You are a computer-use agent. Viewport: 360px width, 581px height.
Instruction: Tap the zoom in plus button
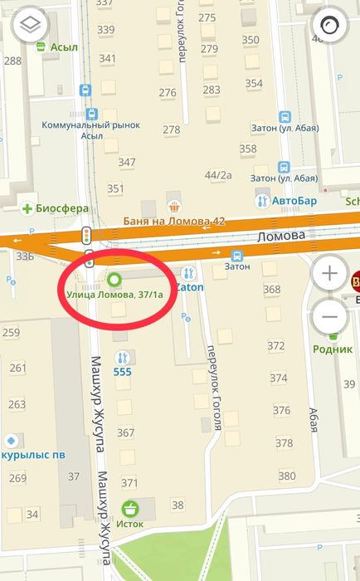pyautogui.click(x=330, y=272)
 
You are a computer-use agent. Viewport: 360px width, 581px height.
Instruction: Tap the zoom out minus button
pyautogui.click(x=330, y=316)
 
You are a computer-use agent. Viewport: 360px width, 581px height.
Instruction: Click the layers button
pyautogui.click(x=31, y=25)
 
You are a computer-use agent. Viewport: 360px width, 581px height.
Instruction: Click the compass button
pyautogui.click(x=329, y=25)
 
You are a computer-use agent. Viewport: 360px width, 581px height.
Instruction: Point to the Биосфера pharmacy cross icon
pyautogui.click(x=27, y=207)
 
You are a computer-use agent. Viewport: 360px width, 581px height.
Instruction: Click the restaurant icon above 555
pyautogui.click(x=123, y=358)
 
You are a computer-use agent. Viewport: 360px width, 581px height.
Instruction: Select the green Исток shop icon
pyautogui.click(x=129, y=508)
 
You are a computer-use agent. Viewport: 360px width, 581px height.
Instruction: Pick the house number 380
pyautogui.click(x=287, y=476)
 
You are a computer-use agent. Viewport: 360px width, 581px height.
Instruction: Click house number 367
pyautogui.click(x=126, y=432)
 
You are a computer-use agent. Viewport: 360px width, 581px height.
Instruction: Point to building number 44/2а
pyautogui.click(x=219, y=175)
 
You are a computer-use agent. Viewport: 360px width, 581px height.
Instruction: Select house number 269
pyautogui.click(x=17, y=478)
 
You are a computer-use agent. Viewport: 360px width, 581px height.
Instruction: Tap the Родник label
pyautogui.click(x=333, y=349)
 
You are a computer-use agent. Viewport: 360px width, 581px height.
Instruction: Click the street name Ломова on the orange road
pyautogui.click(x=283, y=236)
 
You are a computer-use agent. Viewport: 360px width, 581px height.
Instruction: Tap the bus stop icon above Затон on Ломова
pyautogui.click(x=237, y=256)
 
